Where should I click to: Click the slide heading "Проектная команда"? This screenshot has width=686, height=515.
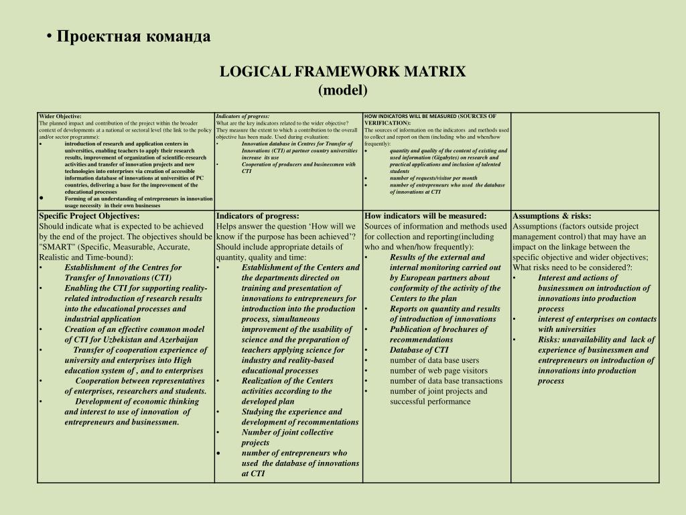pyautogui.click(x=133, y=36)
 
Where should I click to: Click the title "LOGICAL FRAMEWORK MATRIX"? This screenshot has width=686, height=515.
pyautogui.click(x=342, y=72)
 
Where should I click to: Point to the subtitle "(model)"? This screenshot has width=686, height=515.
pyautogui.click(x=343, y=90)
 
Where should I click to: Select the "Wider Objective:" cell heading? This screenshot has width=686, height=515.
pyautogui.click(x=60, y=117)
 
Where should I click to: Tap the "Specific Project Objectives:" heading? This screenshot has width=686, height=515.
pyautogui.click(x=89, y=216)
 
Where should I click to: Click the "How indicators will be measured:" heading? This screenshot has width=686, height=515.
pyautogui.click(x=425, y=216)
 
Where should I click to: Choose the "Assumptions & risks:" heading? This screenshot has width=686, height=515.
pyautogui.click(x=552, y=216)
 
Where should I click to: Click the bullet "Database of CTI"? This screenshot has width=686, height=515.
pyautogui.click(x=419, y=349)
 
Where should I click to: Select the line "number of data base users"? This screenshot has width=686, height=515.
pyautogui.click(x=435, y=360)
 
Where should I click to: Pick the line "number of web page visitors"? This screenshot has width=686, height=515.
pyautogui.click(x=439, y=370)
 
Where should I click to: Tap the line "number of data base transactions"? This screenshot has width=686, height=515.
pyautogui.click(x=445, y=381)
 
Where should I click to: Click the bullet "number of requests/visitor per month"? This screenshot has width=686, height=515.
pyautogui.click(x=433, y=178)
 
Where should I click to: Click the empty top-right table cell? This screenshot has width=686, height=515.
pyautogui.click(x=585, y=161)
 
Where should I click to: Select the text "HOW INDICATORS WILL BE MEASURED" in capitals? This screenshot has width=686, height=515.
pyautogui.click(x=410, y=117)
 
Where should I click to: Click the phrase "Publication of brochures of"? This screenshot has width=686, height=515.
pyautogui.click(x=439, y=329)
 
